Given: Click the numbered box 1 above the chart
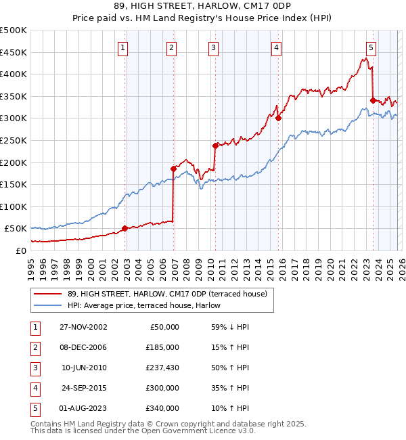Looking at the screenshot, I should point(122,47).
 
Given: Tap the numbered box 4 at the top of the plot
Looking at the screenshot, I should point(277,47).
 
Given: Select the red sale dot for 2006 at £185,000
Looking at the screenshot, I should point(173,169).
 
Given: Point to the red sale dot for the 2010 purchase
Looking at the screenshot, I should point(215,146).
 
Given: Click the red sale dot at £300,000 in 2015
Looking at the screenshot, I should point(278,118).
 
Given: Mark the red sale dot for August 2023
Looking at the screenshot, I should point(373,100).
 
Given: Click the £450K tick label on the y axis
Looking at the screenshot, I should point(14,52).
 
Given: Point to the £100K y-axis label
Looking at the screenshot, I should point(14,206).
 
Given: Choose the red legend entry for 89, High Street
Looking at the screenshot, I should point(167,294).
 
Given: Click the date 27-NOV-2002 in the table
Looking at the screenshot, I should point(84,327).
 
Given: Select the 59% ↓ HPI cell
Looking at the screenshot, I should point(230,327).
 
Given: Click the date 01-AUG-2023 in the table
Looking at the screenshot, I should point(84,408).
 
